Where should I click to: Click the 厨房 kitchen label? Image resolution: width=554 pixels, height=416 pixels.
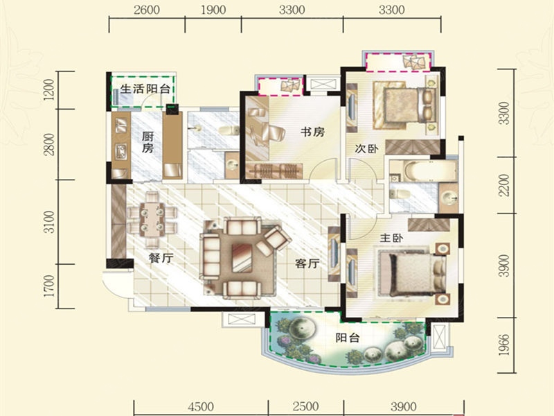point(148,142)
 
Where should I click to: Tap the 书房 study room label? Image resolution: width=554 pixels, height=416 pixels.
point(312,132)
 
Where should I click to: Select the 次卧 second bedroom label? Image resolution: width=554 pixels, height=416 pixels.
point(366,149)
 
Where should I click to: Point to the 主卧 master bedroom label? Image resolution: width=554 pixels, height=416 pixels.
point(391,238)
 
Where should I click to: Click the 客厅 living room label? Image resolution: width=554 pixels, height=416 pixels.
point(307,263)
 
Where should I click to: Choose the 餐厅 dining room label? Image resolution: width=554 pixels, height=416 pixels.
point(161,258)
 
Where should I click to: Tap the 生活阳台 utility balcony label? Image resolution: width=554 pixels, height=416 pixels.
point(145,89)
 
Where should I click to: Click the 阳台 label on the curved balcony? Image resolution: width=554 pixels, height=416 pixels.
point(348,338)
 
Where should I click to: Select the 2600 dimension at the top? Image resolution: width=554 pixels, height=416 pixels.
point(147,10)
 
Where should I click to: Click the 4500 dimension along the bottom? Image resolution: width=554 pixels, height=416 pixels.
point(201,406)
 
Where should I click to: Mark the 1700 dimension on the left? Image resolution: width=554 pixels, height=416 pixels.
point(51,286)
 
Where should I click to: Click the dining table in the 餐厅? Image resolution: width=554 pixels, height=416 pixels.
point(152,219)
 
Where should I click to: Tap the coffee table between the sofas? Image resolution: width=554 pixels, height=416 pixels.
point(242,257)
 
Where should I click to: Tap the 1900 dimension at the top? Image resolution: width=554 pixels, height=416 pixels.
point(213,10)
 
